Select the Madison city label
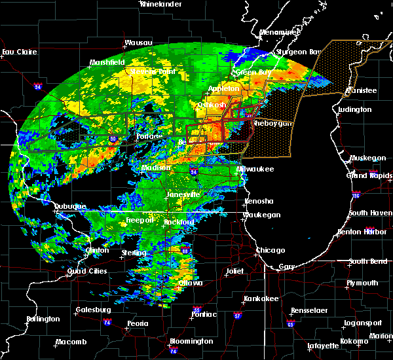157,168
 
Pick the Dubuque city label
70,206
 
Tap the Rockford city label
179,223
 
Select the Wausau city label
138,43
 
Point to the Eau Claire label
18,52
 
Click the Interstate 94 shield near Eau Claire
38,85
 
